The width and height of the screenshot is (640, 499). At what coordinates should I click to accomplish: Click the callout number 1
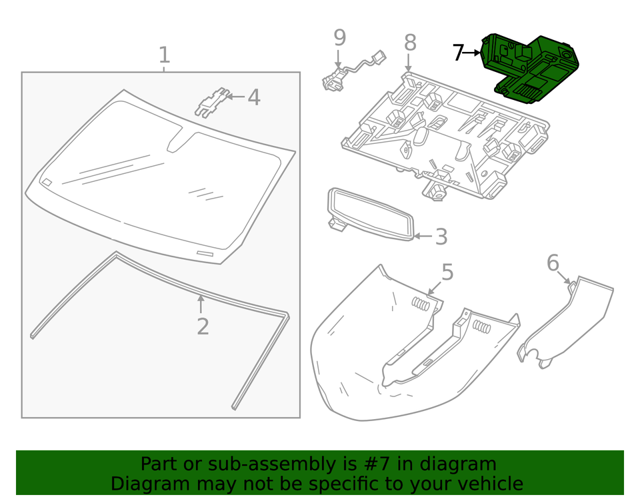[164, 55]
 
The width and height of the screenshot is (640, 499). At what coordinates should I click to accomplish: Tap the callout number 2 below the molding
[203, 326]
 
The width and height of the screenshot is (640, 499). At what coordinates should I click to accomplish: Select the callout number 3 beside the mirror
[441, 237]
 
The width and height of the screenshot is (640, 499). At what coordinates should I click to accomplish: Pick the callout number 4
[253, 98]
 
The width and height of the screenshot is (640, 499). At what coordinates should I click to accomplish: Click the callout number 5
[447, 272]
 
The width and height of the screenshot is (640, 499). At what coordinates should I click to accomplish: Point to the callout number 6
[553, 263]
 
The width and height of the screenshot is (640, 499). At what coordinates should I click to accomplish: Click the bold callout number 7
[457, 53]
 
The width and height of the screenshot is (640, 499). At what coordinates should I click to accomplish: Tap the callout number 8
[410, 43]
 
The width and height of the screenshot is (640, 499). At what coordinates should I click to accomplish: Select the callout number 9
[339, 37]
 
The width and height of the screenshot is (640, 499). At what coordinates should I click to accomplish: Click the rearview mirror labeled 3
[371, 213]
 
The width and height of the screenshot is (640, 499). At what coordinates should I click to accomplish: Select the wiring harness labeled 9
[353, 71]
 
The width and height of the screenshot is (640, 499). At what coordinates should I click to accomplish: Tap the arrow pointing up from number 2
[201, 303]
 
